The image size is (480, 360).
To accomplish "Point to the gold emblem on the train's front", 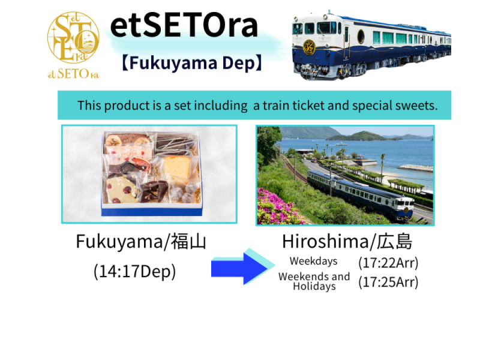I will coord(309,47).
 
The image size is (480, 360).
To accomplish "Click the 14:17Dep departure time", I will coord(135,271).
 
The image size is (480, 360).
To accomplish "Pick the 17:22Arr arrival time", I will coord(388,262).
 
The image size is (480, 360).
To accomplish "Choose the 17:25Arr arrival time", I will coord(388,282).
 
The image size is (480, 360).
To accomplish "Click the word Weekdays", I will coord(313,261).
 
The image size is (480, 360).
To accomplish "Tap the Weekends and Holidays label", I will coord(314,281).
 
